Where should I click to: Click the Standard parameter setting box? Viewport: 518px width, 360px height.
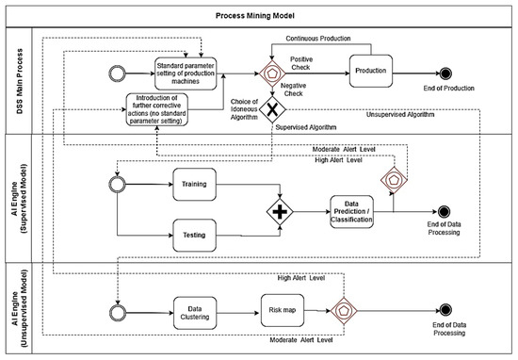(x=196, y=70)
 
